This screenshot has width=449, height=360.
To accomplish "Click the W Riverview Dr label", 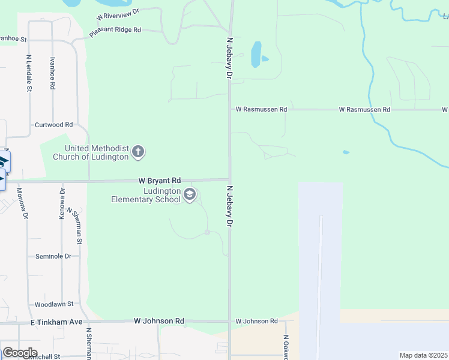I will point(117,14).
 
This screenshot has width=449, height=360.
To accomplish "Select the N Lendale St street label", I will point(29,74).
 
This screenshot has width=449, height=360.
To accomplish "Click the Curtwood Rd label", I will point(53,125).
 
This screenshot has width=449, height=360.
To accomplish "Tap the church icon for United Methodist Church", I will point(138,152).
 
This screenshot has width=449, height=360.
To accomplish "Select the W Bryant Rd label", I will point(159,180).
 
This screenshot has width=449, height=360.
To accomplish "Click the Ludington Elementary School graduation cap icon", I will point(190,194).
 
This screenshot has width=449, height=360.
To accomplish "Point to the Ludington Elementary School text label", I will point(145,195).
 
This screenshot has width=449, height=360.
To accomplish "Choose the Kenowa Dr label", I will point(62,203).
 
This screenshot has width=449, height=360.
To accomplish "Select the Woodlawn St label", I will point(53,304).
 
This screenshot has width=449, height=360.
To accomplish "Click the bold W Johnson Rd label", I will point(159,322).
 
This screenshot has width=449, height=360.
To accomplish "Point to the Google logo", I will point(20,353).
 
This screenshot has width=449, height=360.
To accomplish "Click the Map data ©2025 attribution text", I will point(423,355).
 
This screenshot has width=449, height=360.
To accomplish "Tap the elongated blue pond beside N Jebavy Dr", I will point(256,53).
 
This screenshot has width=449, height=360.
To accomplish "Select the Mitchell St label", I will point(42,356).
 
